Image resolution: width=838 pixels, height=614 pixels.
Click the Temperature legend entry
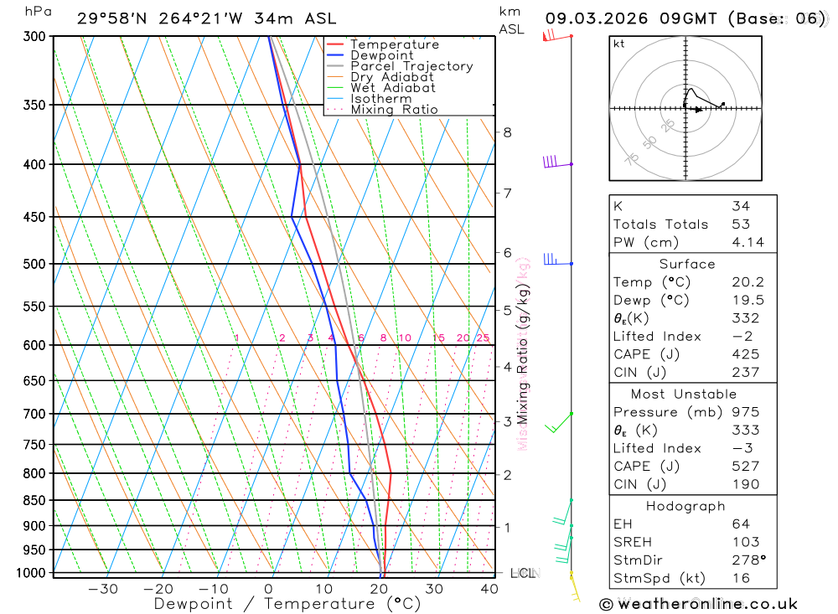pos(394,44)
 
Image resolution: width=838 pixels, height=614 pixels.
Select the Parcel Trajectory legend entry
pos(411,66)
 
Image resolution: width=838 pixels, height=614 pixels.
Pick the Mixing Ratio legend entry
pos(394,110)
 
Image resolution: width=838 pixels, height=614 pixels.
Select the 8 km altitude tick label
pos(507,132)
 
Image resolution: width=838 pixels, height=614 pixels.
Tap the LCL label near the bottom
pos(522,574)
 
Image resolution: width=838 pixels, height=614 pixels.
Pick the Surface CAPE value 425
pos(742,354)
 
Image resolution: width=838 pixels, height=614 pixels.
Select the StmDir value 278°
pos(746,560)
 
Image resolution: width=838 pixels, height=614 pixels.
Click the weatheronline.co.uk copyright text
pos(699,604)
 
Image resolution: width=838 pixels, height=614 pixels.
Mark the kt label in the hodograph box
pos(619,44)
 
